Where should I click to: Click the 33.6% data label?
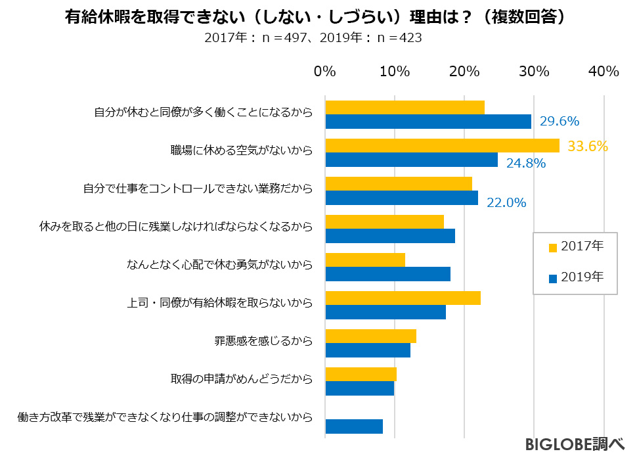point(588,146)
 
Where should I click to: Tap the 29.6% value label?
point(559,121)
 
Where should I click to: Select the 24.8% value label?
point(525,163)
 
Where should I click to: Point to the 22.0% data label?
point(506,202)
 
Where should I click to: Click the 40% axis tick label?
point(604,72)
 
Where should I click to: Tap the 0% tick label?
point(325,72)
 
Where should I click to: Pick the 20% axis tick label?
point(464,72)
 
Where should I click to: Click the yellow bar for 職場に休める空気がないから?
point(442,145)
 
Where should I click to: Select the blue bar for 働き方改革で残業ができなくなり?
point(354,426)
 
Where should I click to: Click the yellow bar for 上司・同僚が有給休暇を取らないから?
point(403,298)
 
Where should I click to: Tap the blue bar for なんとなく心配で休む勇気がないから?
point(387,274)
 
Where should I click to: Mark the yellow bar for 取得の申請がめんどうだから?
point(361,375)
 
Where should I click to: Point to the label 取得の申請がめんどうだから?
point(241,380)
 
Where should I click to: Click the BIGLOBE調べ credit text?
point(574,445)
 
